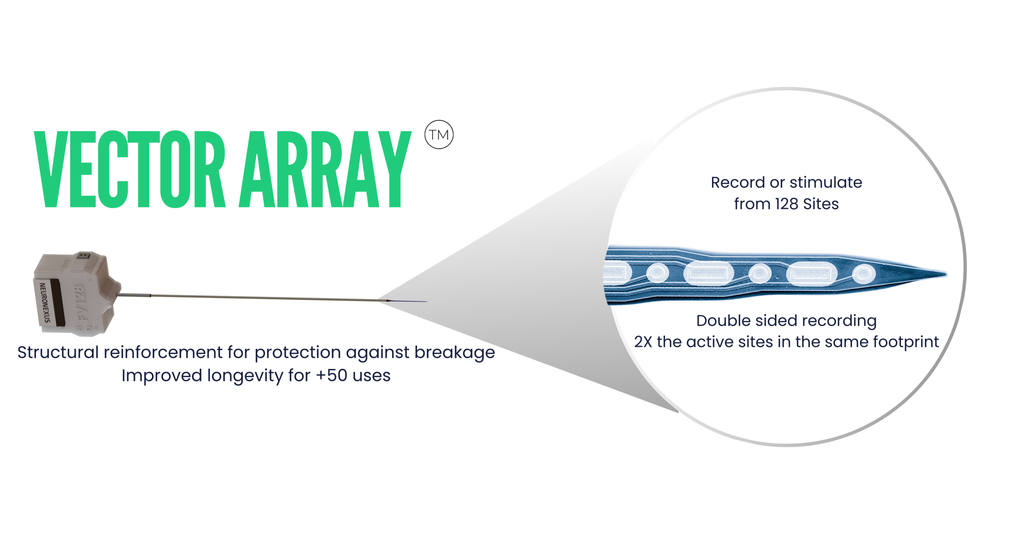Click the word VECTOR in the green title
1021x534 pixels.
click(130, 169)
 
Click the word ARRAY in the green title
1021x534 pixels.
click(325, 169)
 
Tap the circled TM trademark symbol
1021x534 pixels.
click(439, 135)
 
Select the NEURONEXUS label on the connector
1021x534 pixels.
click(45, 303)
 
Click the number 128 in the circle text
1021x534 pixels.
click(786, 204)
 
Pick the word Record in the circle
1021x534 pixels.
click(738, 183)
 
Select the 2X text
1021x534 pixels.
click(643, 342)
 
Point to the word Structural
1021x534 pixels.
click(58, 352)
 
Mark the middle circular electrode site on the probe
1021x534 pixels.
click(760, 274)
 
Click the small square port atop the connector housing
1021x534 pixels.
click(83, 255)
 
